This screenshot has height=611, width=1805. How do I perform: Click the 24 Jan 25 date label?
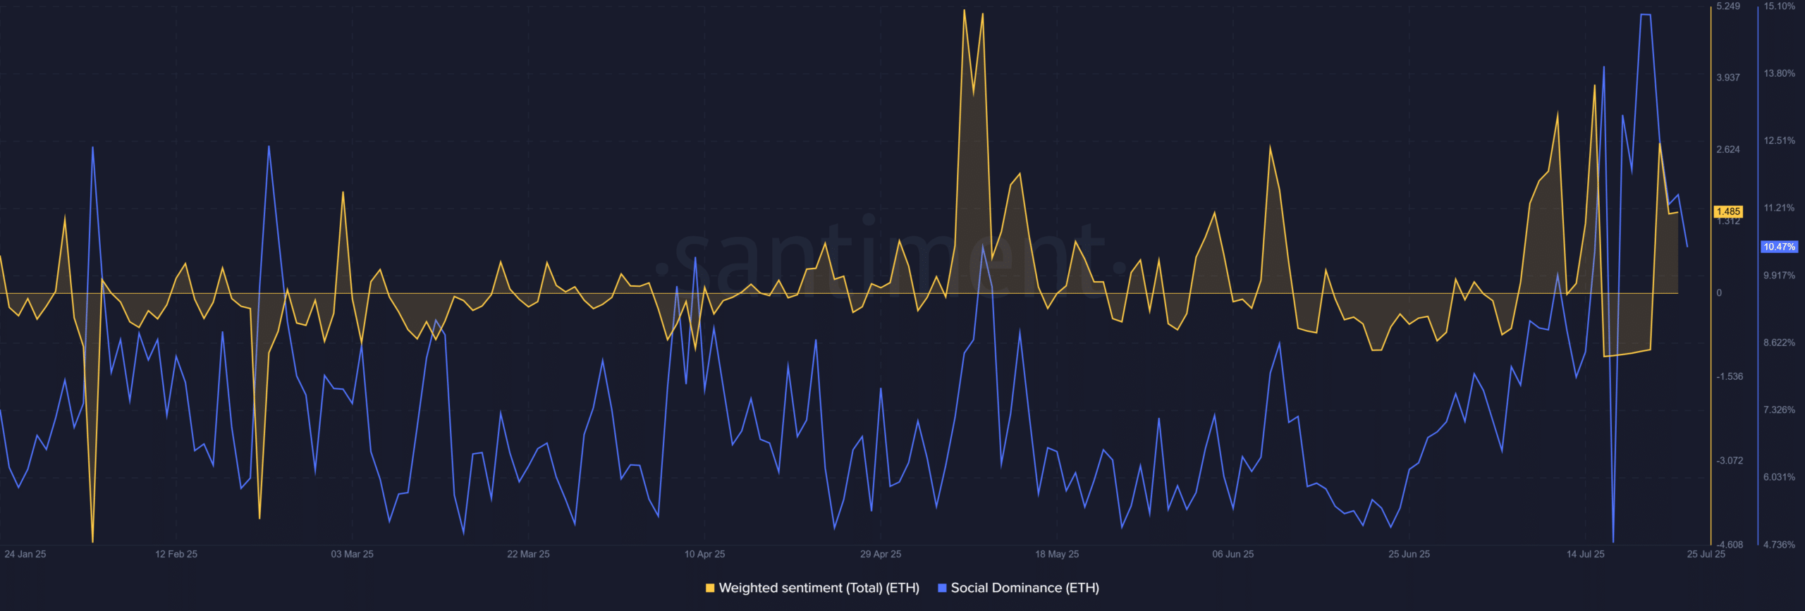point(25,554)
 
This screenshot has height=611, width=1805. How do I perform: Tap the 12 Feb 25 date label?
point(176,554)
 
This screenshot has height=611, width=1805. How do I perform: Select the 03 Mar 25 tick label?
point(353,554)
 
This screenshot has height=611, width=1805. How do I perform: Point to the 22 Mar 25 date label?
point(528,554)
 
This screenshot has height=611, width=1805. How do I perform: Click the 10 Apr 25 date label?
point(704,554)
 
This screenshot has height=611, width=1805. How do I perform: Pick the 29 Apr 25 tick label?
point(881,554)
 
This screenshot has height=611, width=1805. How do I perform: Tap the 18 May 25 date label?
point(1057,554)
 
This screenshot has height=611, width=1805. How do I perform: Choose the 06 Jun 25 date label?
point(1233,554)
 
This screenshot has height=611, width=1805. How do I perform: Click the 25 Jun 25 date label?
point(1409,554)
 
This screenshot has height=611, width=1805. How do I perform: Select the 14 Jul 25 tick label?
point(1586,554)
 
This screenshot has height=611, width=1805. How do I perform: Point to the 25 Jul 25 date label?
point(1706,554)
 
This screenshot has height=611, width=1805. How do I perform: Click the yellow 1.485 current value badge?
point(1728,211)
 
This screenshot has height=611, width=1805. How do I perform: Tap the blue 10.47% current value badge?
point(1780,247)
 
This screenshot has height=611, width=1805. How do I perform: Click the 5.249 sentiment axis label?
point(1728,6)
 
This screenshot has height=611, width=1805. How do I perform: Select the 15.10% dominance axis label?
point(1780,6)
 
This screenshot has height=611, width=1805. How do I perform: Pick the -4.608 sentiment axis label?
point(1730,545)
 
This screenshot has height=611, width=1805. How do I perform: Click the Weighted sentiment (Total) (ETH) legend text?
point(819,588)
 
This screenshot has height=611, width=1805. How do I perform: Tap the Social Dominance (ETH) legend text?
point(1024,588)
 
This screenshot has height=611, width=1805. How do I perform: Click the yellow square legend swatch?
point(710,588)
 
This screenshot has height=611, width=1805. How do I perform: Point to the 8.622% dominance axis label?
point(1780,342)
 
